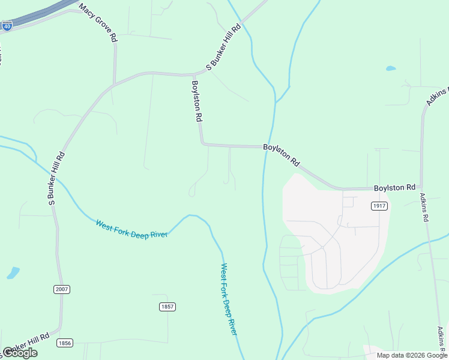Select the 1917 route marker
coord(379,206)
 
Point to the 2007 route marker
coord(62,289)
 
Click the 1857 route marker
coord(167,307)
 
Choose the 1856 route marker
coord(65,343)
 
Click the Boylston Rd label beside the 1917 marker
coord(394,188)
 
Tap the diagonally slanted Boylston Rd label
coord(281,155)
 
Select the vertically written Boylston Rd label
coord(196,101)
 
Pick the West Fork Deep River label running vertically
coord(229,299)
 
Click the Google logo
coord(20,353)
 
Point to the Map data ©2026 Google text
coord(412,355)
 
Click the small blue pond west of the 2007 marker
coord(13,273)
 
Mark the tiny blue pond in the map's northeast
coord(391,68)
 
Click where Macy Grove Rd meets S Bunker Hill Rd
coord(115,83)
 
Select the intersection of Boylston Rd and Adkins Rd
coord(422,188)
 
